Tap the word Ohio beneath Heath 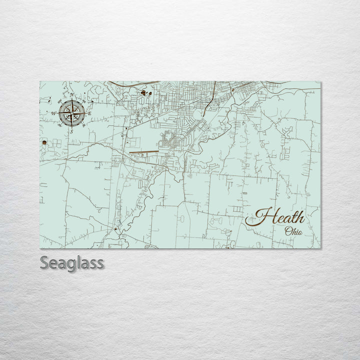point(293,231)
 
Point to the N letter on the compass point(72,95)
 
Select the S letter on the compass point(71,131)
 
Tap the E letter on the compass point(89,113)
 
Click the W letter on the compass point(53,113)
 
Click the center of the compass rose point(71,113)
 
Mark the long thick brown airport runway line point(143,151)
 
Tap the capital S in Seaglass point(45,263)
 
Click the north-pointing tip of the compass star point(71,100)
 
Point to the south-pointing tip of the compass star point(71,126)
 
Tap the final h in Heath point(299,217)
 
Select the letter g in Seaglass point(69,265)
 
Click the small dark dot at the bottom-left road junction point(116,229)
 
